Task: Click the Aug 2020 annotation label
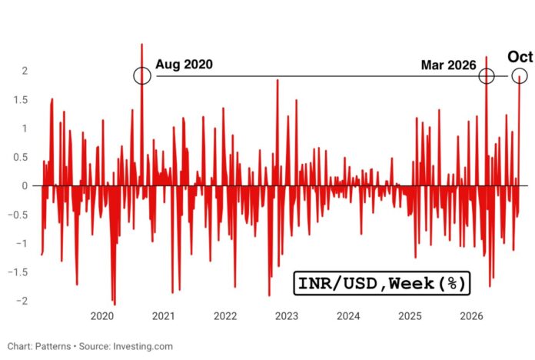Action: tap(184, 64)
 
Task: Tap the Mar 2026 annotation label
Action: tap(448, 65)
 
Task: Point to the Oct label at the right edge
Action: tap(520, 57)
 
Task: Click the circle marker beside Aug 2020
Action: tap(142, 75)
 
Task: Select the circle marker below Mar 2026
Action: tap(487, 76)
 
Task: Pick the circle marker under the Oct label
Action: tap(520, 75)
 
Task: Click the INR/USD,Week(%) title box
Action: tap(382, 283)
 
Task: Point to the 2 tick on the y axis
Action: tap(25, 71)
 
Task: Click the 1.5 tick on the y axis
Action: tap(20, 100)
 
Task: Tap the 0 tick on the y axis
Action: tap(25, 186)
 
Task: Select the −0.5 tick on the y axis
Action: tap(18, 215)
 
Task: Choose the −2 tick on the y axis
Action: tap(22, 301)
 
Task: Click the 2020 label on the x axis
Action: tap(102, 316)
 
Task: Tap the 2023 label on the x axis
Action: tap(287, 316)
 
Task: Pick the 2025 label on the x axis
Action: tap(410, 316)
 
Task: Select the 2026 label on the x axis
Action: tap(471, 316)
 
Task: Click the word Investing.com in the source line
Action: tap(143, 347)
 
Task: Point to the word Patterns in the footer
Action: tap(53, 346)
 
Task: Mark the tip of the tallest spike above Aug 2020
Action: tap(142, 44)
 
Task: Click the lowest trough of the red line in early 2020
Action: tap(115, 305)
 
